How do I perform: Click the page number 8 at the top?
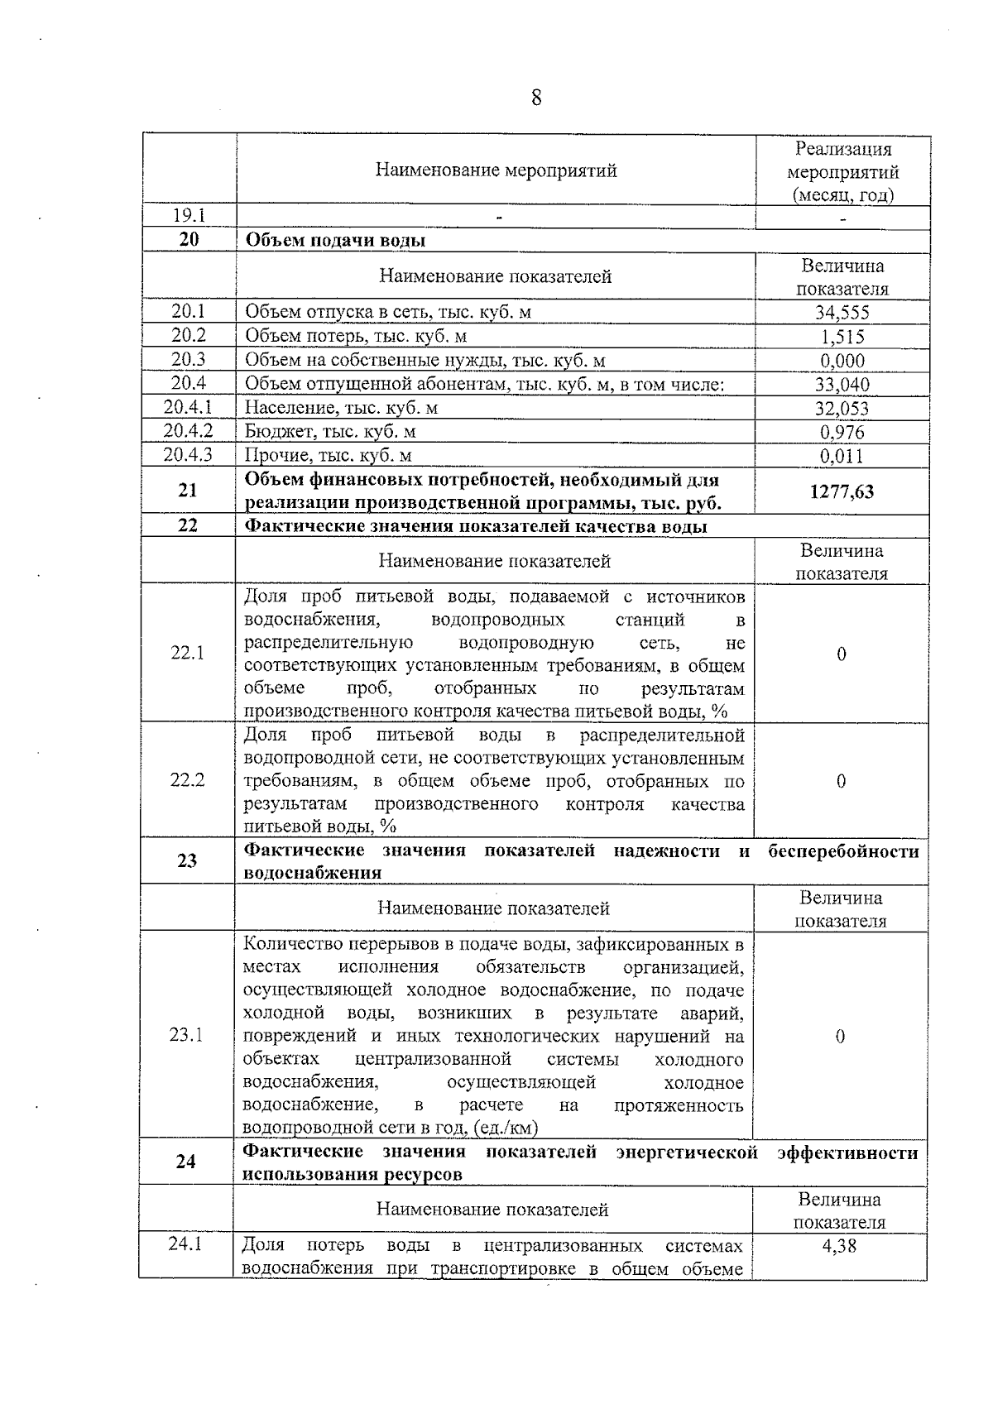536,98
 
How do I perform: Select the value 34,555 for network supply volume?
841,312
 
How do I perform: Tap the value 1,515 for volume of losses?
842,336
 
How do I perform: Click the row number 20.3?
189,359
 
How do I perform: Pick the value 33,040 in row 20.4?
842,384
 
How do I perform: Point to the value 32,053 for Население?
842,408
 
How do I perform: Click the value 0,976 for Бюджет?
842,432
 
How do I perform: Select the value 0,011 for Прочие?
842,456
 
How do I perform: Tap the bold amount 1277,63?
842,491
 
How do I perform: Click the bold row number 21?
188,490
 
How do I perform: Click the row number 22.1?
187,653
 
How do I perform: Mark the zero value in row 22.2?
841,780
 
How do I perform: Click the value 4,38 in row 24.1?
839,1245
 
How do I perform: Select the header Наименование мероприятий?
496,170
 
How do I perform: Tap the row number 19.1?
189,216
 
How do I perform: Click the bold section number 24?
186,1162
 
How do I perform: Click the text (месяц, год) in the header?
842,196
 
